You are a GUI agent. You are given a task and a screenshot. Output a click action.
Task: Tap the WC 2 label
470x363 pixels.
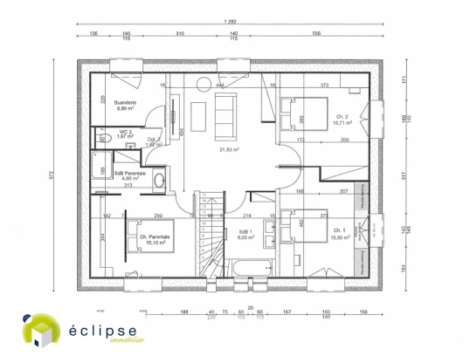[125, 134]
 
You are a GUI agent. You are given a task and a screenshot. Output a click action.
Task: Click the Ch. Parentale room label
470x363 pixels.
[155, 236]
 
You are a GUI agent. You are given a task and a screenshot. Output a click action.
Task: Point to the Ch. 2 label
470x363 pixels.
[342, 116]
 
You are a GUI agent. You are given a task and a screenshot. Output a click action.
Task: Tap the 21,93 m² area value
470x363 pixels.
[229, 149]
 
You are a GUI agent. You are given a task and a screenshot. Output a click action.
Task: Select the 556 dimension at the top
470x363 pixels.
[315, 33]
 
